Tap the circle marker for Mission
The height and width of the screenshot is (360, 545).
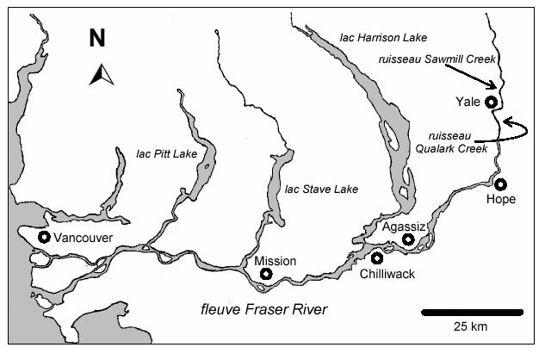tap(266, 274)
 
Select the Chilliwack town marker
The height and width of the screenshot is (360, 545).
tap(377, 258)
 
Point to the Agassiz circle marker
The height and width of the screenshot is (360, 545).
tap(408, 239)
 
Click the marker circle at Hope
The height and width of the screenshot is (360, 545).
tap(500, 183)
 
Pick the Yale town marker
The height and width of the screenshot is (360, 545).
tap(491, 102)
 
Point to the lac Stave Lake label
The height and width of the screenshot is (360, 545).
tap(321, 189)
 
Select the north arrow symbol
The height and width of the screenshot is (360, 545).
tap(101, 75)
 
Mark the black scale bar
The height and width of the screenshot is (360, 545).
tap(472, 310)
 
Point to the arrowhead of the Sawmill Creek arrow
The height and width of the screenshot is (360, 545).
tap(495, 86)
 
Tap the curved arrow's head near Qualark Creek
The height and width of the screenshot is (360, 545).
tap(505, 123)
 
